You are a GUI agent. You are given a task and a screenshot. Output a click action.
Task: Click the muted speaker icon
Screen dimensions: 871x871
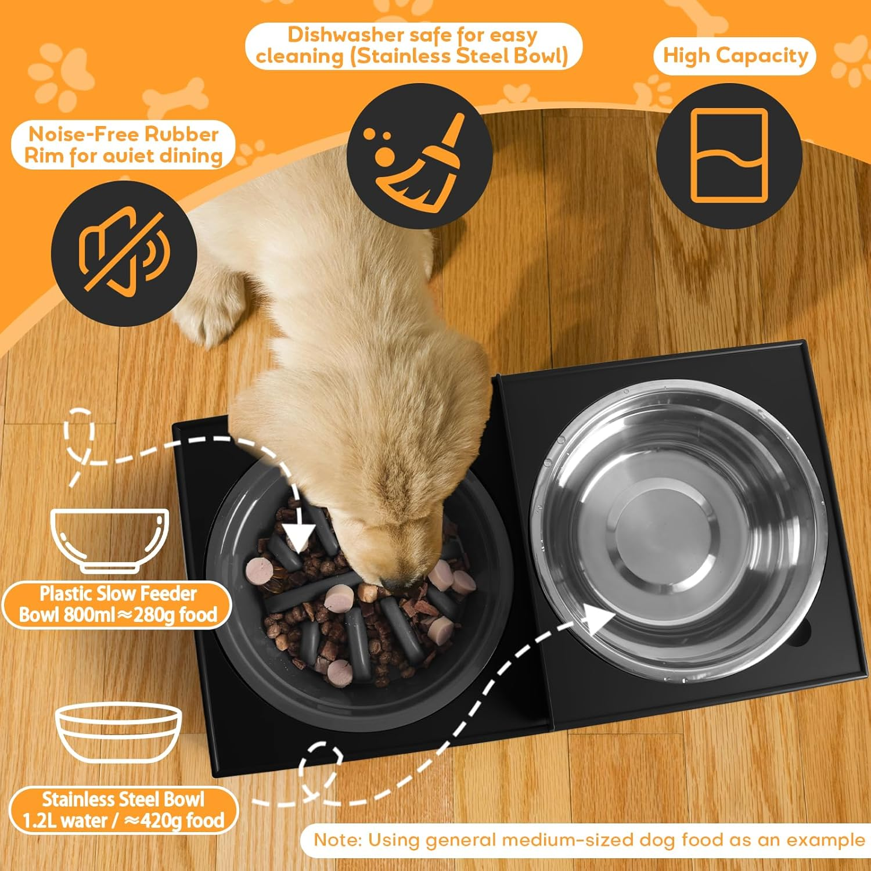(x=124, y=253)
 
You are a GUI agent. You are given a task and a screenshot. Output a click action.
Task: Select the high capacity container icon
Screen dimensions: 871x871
(x=729, y=156)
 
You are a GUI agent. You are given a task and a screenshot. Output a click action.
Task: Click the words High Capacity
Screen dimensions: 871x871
(x=735, y=56)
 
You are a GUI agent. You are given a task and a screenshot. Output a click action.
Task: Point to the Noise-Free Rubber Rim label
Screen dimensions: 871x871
(x=123, y=145)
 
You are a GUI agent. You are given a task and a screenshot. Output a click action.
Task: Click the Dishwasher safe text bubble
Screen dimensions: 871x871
(x=412, y=46)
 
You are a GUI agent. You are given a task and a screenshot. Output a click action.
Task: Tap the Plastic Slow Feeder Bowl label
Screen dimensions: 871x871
(x=118, y=604)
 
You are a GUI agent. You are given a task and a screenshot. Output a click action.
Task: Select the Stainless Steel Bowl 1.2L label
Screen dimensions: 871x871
(x=123, y=810)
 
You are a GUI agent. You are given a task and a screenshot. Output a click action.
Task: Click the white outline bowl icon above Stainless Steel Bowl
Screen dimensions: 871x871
(x=118, y=733)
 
